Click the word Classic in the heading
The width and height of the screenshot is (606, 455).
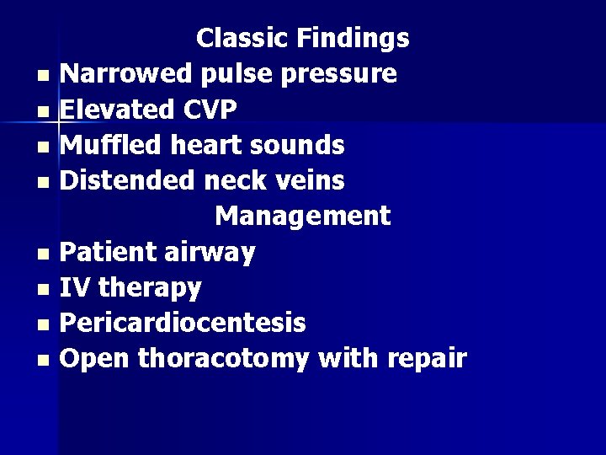pos(240,38)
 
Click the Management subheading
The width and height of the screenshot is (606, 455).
pos(302,216)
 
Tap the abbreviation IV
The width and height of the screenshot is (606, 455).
pos(76,288)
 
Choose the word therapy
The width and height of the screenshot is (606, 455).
pos(150,288)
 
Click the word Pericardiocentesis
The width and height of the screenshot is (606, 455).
pos(184,324)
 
